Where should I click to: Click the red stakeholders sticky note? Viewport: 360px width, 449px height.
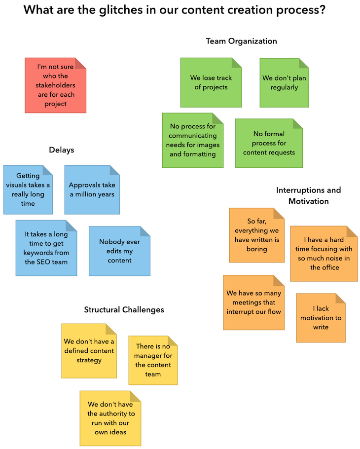pyautogui.click(x=55, y=85)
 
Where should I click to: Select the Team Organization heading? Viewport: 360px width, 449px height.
pyautogui.click(x=241, y=41)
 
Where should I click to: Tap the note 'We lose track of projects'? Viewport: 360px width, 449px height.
pyautogui.click(x=211, y=82)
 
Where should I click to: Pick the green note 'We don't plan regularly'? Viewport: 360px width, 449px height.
pyautogui.click(x=284, y=82)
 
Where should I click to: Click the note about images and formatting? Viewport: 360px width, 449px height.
pyautogui.click(x=193, y=141)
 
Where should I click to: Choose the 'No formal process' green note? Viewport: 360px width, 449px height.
pyautogui.click(x=269, y=143)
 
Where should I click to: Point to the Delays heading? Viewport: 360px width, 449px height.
pyautogui.click(x=62, y=150)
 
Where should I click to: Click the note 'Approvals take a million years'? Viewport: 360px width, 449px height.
pyautogui.click(x=92, y=189)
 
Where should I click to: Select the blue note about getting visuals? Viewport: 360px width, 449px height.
pyautogui.click(x=28, y=189)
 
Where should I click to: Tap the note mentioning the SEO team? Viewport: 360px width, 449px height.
pyautogui.click(x=46, y=248)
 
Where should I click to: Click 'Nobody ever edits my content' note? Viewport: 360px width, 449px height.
pyautogui.click(x=119, y=251)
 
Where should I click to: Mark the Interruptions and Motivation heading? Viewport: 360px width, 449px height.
pyautogui.click(x=308, y=195)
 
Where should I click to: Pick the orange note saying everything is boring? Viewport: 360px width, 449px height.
pyautogui.click(x=256, y=235)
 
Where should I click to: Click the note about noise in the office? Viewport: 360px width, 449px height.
pyautogui.click(x=324, y=254)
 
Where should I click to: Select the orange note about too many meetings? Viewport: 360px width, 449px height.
pyautogui.click(x=253, y=302)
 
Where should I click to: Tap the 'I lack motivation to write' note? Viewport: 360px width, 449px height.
pyautogui.click(x=321, y=318)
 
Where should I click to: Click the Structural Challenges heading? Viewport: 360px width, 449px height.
pyautogui.click(x=124, y=309)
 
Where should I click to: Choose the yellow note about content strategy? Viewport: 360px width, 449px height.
pyautogui.click(x=89, y=350)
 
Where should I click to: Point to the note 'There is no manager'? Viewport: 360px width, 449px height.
pyautogui.click(x=153, y=360)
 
